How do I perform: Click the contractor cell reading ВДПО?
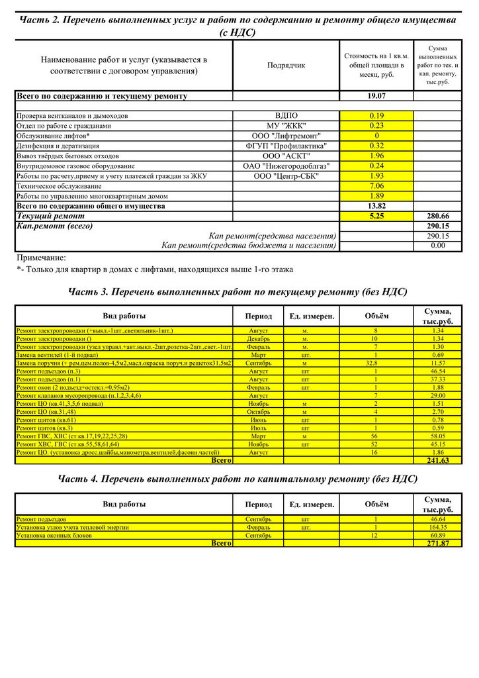[286, 116]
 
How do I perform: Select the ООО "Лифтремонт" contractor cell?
[286, 136]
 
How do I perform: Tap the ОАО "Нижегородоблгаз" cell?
[286, 166]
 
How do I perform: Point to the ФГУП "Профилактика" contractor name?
[286, 146]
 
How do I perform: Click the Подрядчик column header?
[286, 66]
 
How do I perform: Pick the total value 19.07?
[376, 96]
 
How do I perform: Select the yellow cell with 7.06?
[376, 186]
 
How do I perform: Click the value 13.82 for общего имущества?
[376, 206]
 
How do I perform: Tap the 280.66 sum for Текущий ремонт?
[437, 216]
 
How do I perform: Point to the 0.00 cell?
[437, 246]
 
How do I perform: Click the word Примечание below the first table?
[41, 258]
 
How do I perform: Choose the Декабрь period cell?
[258, 338]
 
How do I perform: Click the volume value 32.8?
[376, 363]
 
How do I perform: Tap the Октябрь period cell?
[258, 411]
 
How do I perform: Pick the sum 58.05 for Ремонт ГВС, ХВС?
[437, 436]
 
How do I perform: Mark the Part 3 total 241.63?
[437, 460]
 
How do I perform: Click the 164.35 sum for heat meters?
[437, 527]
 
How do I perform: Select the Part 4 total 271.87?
[437, 544]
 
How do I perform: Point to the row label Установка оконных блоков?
[54, 535]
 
